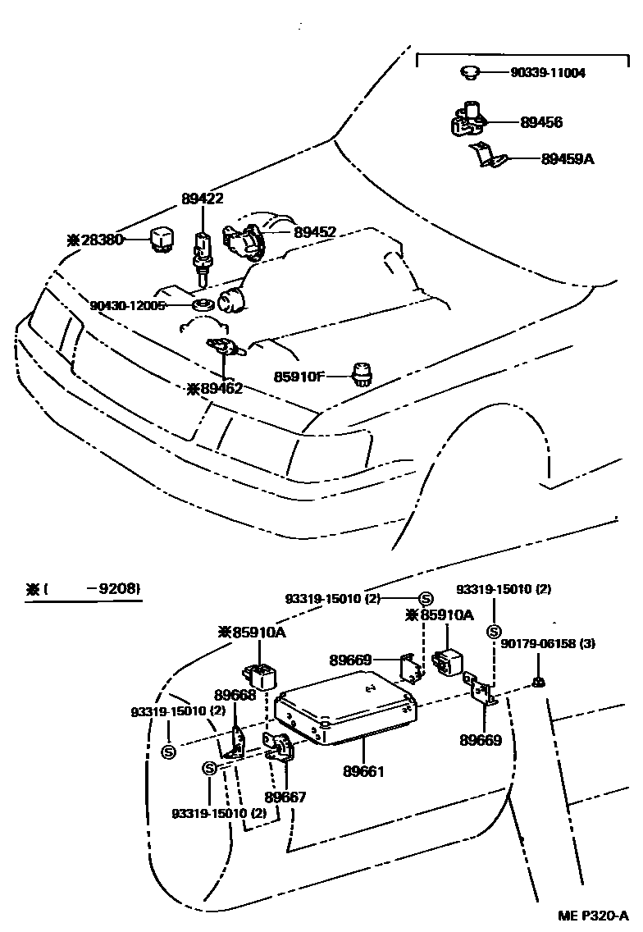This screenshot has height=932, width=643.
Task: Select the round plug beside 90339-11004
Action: pyautogui.click(x=471, y=73)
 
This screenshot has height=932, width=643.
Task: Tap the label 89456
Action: pyautogui.click(x=541, y=121)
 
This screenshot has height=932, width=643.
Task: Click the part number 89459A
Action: pyautogui.click(x=567, y=158)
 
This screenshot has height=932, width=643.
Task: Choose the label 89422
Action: pyautogui.click(x=203, y=198)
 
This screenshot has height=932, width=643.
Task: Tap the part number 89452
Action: pyautogui.click(x=315, y=232)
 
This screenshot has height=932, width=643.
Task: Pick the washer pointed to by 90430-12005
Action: pyautogui.click(x=203, y=305)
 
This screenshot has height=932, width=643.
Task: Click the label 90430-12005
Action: pyautogui.click(x=128, y=305)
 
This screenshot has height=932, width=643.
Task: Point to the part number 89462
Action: pyautogui.click(x=215, y=388)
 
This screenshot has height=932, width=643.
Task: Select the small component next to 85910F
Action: pyautogui.click(x=361, y=374)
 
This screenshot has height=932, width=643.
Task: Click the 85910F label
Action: pyautogui.click(x=299, y=377)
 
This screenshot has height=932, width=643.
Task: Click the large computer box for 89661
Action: pyautogui.click(x=344, y=705)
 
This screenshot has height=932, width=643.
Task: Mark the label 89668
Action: pyautogui.click(x=235, y=695)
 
